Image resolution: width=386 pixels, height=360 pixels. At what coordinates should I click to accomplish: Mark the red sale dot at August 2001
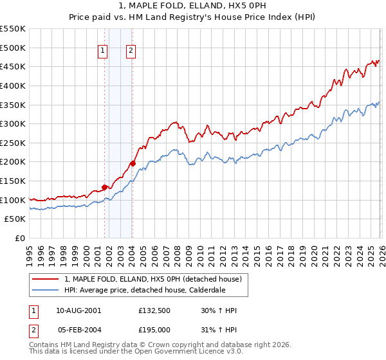104,187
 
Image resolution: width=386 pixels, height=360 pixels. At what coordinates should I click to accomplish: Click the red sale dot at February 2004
133,163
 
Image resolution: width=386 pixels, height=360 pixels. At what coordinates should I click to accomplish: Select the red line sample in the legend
46,279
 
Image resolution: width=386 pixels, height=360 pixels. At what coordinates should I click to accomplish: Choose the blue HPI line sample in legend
46,289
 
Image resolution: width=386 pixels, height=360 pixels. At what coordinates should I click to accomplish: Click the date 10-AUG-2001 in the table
78,310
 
